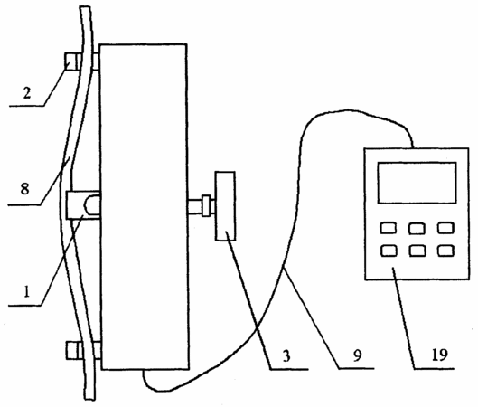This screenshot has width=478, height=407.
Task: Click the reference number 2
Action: (27, 93)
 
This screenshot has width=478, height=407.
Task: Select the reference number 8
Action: (25, 188)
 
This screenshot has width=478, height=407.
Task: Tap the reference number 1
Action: (27, 292)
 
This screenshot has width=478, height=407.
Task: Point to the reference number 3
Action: (286, 356)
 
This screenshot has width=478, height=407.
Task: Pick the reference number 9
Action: (357, 355)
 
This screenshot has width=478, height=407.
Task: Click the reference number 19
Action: (439, 355)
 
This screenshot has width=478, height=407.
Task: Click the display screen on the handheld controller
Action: (417, 183)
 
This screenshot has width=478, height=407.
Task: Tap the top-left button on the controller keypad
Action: (389, 228)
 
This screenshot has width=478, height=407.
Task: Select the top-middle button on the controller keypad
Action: (417, 228)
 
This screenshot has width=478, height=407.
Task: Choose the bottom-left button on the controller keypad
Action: (389, 251)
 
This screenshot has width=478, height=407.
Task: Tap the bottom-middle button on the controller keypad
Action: (417, 251)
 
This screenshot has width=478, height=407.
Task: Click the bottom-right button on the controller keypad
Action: (445, 251)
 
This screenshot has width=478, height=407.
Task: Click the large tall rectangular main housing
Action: (144, 207)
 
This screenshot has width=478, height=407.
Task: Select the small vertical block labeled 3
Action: (225, 206)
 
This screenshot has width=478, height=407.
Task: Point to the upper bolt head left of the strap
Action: (71, 62)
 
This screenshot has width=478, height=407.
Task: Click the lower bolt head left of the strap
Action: (73, 350)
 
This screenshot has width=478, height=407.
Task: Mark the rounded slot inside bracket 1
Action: (91, 205)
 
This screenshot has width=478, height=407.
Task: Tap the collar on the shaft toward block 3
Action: (207, 205)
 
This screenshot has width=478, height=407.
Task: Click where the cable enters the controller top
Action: (413, 147)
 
